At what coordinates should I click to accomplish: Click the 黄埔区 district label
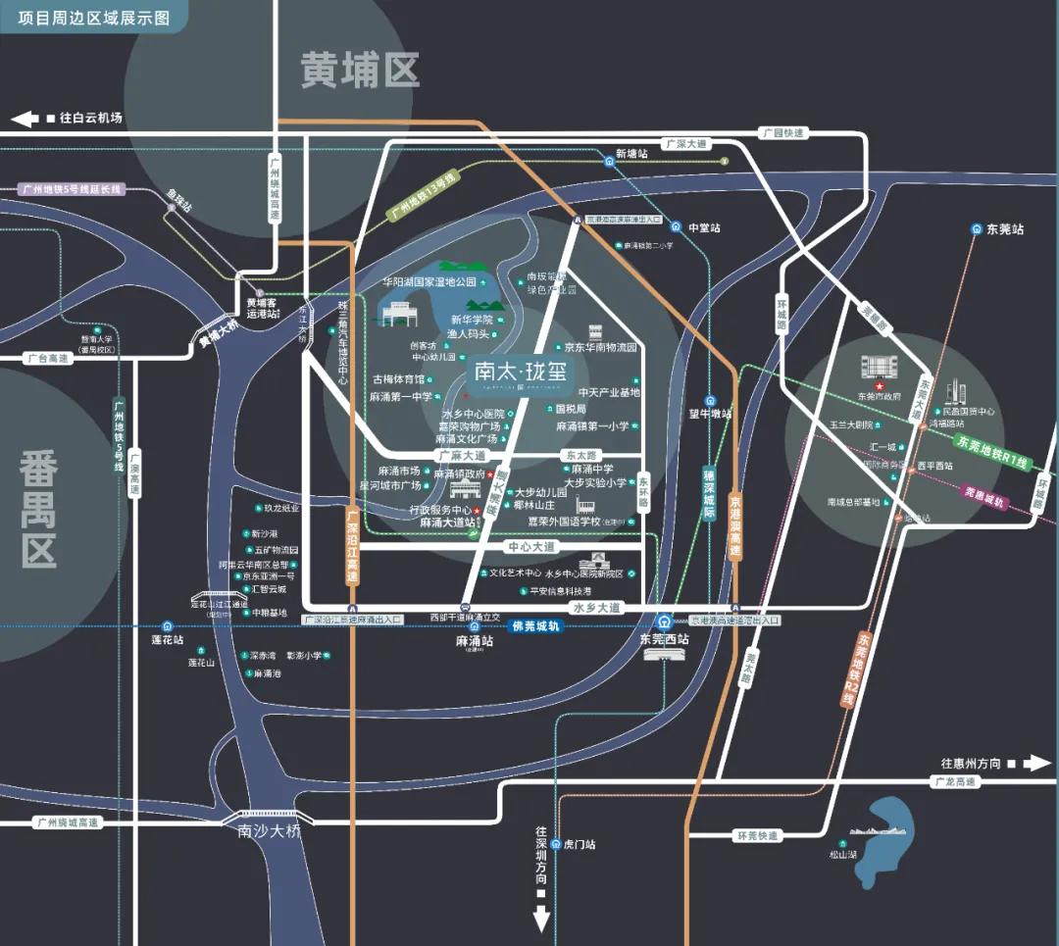[x=360, y=70]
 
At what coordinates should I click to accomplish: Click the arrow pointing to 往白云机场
[x=24, y=119]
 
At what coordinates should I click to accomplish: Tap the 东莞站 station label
[x=1004, y=229]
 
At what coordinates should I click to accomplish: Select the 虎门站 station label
[x=580, y=844]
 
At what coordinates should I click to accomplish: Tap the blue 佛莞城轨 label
[x=536, y=625]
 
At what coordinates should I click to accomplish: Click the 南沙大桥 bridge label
[x=267, y=831]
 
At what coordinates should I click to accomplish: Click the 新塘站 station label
[x=631, y=154]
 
